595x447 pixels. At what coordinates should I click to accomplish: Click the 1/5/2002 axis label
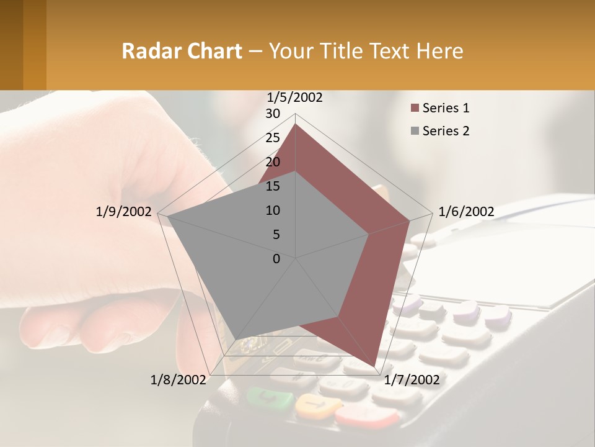click(295, 97)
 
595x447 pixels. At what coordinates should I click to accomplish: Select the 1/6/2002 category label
click(466, 212)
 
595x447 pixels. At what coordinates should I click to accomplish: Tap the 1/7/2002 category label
click(412, 380)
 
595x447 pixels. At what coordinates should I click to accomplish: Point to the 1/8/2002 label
click(178, 380)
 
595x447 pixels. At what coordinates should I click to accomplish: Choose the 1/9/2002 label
click(123, 212)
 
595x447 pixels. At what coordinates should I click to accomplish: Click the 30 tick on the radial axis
click(273, 114)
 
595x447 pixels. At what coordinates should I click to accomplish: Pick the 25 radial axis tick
click(273, 138)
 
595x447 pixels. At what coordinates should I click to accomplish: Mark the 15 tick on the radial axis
click(273, 186)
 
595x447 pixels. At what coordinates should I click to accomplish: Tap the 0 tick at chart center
click(276, 259)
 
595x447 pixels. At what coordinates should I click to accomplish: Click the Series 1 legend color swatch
click(415, 109)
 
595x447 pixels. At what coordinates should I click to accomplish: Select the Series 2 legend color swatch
click(415, 131)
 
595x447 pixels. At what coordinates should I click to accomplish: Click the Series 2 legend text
click(446, 131)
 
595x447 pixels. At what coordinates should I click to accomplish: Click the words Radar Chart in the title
click(182, 51)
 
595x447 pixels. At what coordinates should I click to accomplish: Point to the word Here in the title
click(439, 51)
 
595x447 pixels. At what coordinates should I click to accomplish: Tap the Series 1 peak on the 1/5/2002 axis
click(296, 124)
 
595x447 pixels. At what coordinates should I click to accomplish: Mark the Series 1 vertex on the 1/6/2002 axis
click(410, 220)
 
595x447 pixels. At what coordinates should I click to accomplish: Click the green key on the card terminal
click(270, 397)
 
